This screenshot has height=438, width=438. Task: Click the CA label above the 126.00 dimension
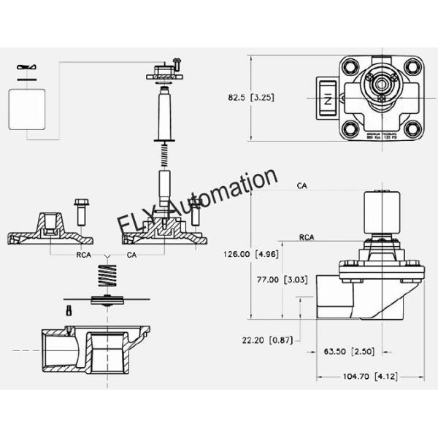tap(301, 186)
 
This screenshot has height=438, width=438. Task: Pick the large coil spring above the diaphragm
tap(108, 278)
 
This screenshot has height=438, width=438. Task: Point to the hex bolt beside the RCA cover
tap(80, 210)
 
